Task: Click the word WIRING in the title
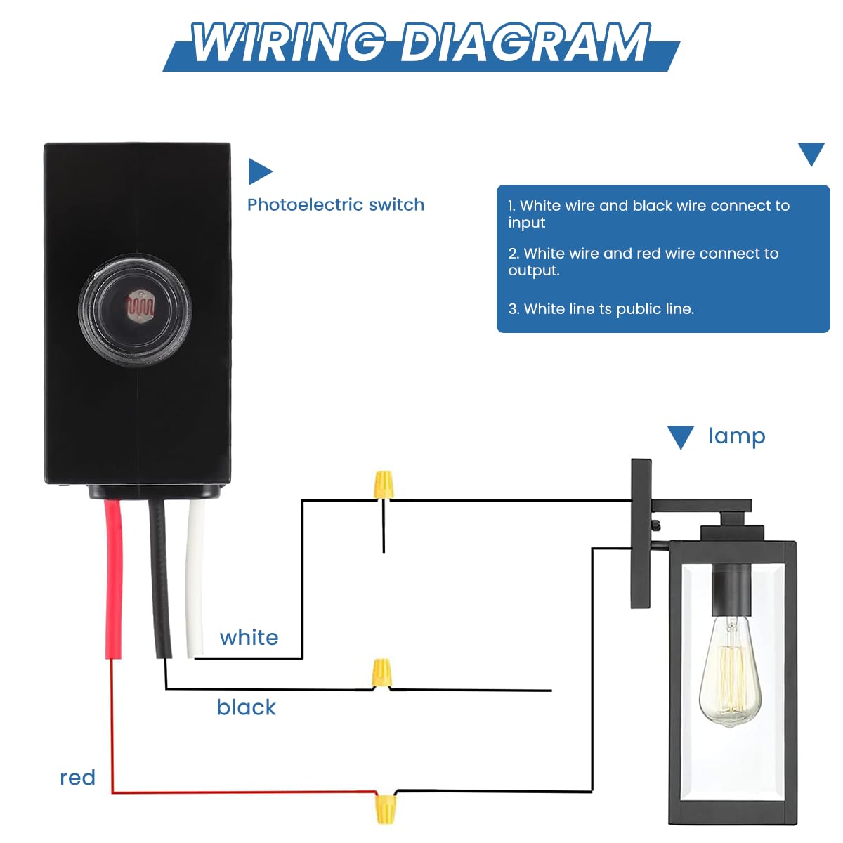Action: tap(288, 44)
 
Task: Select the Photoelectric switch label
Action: tap(336, 204)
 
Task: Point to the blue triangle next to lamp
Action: tap(680, 436)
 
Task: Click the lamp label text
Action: tap(736, 436)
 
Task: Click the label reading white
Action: tap(249, 638)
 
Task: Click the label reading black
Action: tap(246, 707)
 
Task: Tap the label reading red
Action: tap(77, 778)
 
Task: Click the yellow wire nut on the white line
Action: tap(383, 485)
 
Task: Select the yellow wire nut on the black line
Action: tap(381, 673)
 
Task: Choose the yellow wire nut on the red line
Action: tap(384, 808)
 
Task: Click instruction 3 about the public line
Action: tap(601, 309)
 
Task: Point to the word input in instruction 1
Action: tap(526, 223)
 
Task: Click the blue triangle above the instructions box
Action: tap(811, 153)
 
